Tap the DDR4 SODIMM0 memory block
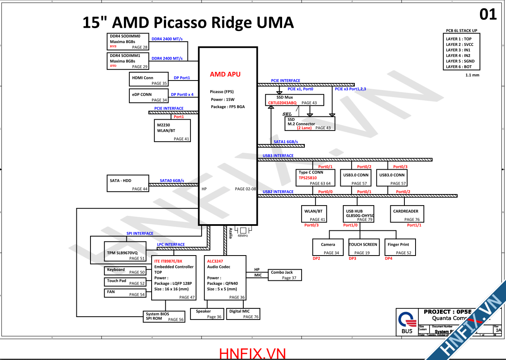pyautogui.click(x=128, y=42)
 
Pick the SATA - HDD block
pyautogui.click(x=128, y=183)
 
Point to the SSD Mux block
pyautogui.click(x=294, y=100)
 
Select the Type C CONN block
pyautogui.click(x=315, y=178)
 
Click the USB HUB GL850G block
pyautogui.click(x=358, y=214)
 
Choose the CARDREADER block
pyautogui.click(x=406, y=214)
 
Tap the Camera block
pyautogui.click(x=328, y=247)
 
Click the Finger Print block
pyautogui.click(x=399, y=247)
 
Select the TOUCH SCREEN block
pyautogui.click(x=363, y=247)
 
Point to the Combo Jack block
pyautogui.click(x=285, y=275)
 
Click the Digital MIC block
pyautogui.click(x=244, y=314)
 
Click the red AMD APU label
pyautogui.click(x=225, y=74)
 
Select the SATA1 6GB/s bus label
pyautogui.click(x=286, y=142)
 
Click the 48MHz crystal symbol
pyautogui.click(x=243, y=230)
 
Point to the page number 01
pyautogui.click(x=488, y=14)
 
